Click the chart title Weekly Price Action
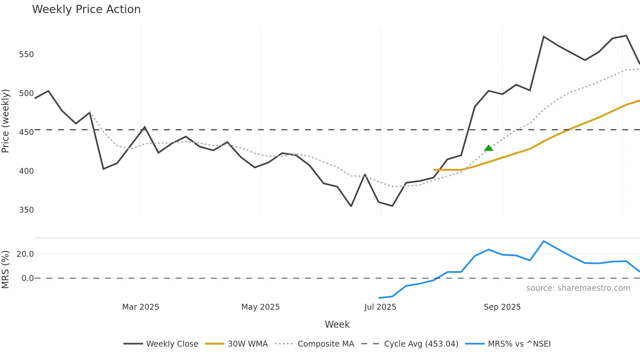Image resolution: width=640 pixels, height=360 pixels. click(x=86, y=9)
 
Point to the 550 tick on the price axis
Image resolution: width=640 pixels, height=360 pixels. click(x=26, y=54)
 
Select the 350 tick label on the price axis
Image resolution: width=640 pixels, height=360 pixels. click(x=26, y=210)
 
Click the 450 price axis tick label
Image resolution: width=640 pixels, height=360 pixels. click(x=26, y=132)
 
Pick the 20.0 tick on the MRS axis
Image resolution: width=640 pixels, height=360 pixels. click(x=25, y=254)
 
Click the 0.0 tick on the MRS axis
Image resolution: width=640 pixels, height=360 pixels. click(x=27, y=278)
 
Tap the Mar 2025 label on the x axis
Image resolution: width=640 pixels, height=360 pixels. click(x=140, y=307)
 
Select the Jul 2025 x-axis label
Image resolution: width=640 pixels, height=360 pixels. click(x=380, y=307)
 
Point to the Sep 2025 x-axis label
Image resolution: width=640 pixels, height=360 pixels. click(x=502, y=307)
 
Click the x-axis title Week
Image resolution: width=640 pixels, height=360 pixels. click(x=337, y=324)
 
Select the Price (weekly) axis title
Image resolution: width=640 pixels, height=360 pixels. click(x=6, y=121)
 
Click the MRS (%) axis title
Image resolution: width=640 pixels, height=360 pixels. click(x=6, y=269)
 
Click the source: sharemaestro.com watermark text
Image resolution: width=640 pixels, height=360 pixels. click(x=578, y=288)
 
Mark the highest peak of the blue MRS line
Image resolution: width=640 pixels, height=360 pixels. click(x=543, y=241)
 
